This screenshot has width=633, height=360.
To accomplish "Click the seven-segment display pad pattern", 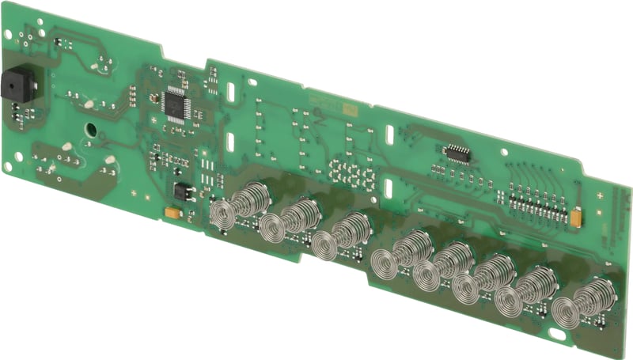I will click(353, 173).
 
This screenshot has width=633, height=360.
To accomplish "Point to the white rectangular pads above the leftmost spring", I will click(207, 169).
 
